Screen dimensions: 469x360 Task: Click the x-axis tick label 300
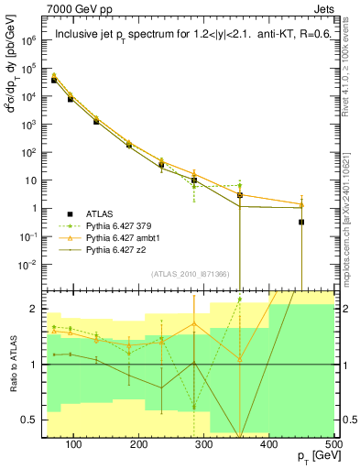[206, 444]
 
